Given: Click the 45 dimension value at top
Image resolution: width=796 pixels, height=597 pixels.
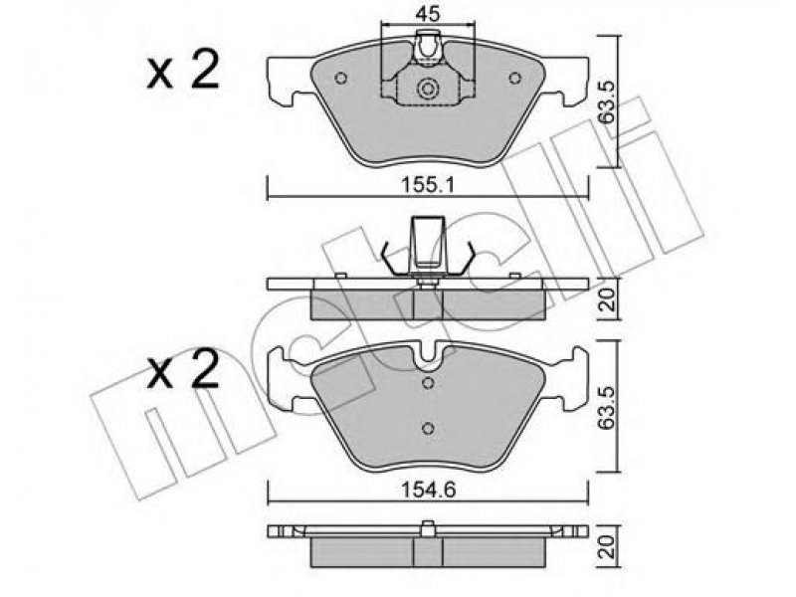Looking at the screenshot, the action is [427, 14].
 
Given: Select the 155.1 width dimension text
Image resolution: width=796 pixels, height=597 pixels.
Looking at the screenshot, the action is [428, 184].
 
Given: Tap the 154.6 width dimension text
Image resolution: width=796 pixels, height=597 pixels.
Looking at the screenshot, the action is [428, 490].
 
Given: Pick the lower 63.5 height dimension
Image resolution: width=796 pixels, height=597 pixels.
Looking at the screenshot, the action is [606, 408].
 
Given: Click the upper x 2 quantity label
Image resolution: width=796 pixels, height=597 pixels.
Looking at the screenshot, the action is [183, 71].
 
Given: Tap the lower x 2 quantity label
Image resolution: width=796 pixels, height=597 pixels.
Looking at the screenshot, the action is [183, 369].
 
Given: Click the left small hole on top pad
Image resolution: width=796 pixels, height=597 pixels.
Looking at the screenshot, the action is [341, 79].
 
